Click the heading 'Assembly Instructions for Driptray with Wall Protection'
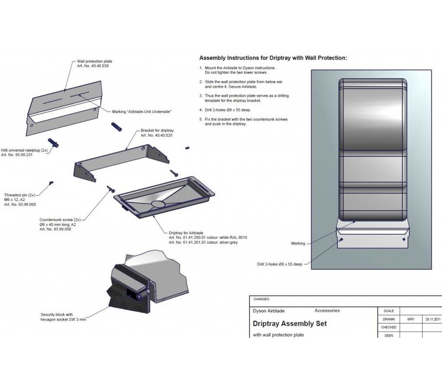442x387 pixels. (273, 58)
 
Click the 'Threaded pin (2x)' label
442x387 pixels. (20, 195)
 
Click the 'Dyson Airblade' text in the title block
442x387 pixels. (269, 311)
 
